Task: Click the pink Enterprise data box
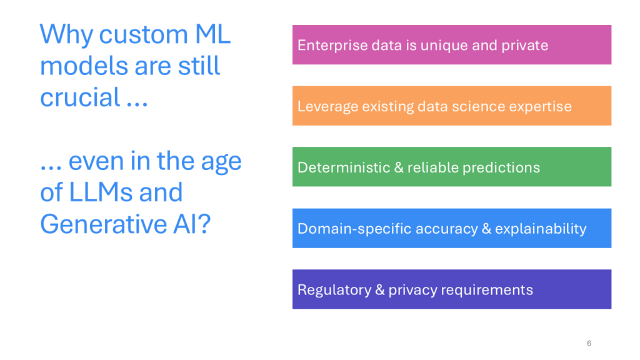tap(451, 44)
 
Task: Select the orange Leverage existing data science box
tap(451, 106)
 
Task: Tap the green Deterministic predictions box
tap(451, 166)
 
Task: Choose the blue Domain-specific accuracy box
tap(451, 228)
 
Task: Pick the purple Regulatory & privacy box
tap(451, 289)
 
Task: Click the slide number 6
tap(589, 343)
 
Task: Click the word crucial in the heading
tap(80, 97)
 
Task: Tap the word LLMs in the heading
tap(101, 192)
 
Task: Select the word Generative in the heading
tap(104, 224)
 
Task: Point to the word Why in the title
tap(66, 36)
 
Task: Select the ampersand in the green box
tap(398, 167)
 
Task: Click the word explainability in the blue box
tap(541, 229)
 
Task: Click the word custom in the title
tap(143, 35)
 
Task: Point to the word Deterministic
tap(344, 167)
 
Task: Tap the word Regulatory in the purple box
tap(334, 290)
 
